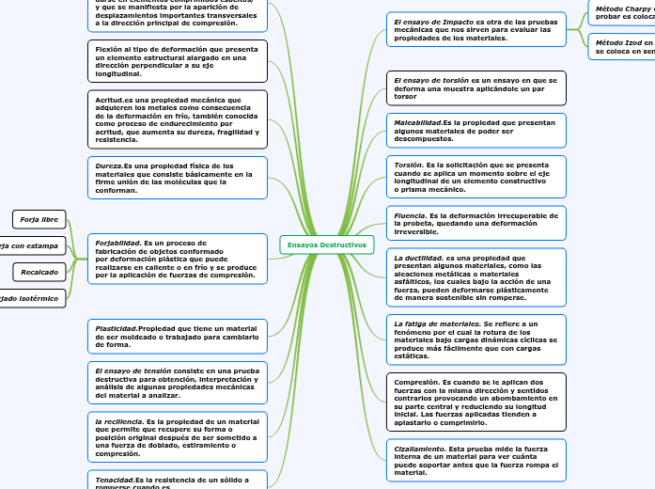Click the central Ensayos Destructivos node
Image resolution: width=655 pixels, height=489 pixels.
pos(327,244)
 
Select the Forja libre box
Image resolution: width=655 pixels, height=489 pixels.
pos(39,220)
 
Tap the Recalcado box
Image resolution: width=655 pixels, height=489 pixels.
pos(39,273)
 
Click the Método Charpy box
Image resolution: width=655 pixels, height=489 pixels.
pos(621,12)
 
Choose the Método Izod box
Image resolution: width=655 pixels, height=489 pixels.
pos(621,47)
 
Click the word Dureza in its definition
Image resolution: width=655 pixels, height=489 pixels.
pos(109,166)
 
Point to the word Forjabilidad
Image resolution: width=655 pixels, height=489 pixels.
pos(118,242)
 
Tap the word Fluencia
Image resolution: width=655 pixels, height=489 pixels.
pos(410,215)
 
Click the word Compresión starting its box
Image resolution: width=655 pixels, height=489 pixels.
pos(416,383)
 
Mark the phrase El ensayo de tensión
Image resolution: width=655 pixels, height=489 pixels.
pos(133,371)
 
